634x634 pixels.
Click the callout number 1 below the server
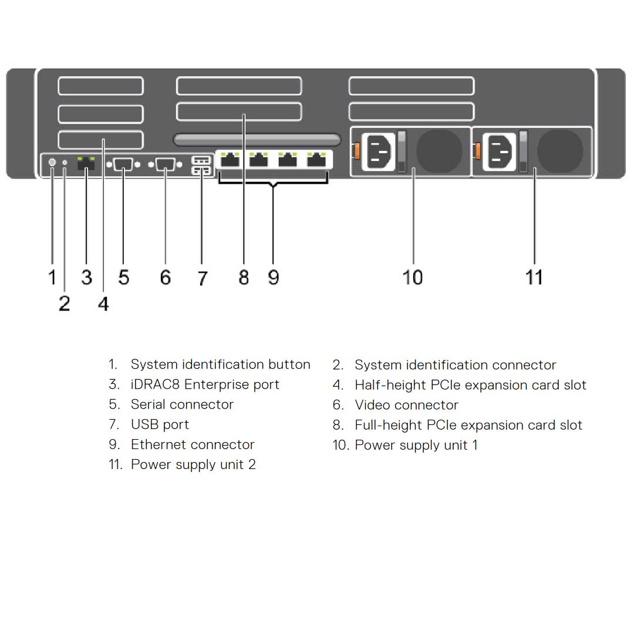(52, 276)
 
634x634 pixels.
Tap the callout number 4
(103, 303)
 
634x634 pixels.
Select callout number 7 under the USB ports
(202, 278)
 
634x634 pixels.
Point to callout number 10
(413, 276)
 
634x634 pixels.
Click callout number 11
(534, 276)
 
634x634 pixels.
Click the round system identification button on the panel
(52, 162)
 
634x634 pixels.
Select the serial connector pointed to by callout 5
(123, 164)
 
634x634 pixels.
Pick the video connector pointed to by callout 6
(164, 164)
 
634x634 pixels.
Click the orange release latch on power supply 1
(355, 151)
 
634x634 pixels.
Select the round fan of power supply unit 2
(560, 150)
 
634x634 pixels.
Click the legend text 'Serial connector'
(182, 404)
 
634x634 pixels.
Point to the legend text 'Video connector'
(406, 405)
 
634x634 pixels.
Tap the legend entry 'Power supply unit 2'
(193, 464)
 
